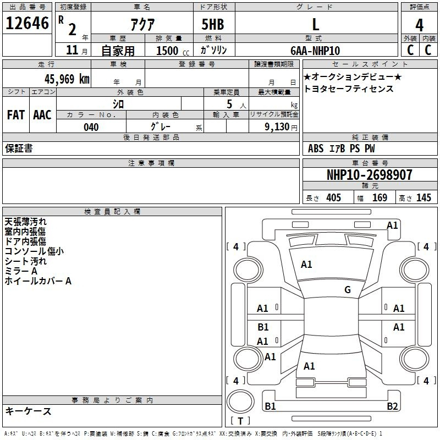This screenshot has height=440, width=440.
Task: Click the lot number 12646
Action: [x=27, y=23]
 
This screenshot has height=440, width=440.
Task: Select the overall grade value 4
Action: [x=419, y=25]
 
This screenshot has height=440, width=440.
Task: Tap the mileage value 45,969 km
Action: [x=67, y=79]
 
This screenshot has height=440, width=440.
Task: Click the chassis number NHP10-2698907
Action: [x=370, y=175]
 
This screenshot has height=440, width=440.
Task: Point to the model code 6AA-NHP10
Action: [x=315, y=51]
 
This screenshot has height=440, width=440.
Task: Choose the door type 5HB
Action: [x=213, y=24]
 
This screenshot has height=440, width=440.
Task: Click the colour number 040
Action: [x=91, y=127]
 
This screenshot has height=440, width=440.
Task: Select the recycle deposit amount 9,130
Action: [x=277, y=127]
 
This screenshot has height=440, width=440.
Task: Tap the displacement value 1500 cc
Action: [x=173, y=51]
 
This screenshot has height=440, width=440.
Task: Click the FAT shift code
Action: [x=16, y=115]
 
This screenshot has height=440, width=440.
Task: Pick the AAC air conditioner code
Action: [x=42, y=115]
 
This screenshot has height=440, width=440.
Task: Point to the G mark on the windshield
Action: [x=348, y=289]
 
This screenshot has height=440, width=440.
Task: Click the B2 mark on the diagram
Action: [x=392, y=406]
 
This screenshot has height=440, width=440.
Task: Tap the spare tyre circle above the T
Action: [x=240, y=402]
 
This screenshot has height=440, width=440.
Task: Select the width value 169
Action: [x=380, y=197]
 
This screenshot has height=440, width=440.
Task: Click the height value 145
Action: [x=424, y=197]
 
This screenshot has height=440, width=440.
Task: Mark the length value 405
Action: [x=334, y=197]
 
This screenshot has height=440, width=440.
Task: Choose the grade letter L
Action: [x=316, y=24]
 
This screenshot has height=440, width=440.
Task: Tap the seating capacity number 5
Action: [x=229, y=104]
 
